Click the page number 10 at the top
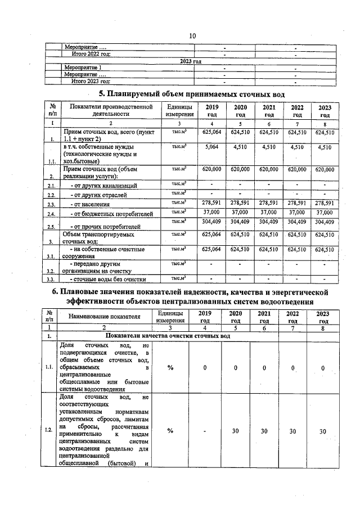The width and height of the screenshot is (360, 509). (x=192, y=35)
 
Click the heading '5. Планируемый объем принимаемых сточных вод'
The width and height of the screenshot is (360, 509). (x=192, y=93)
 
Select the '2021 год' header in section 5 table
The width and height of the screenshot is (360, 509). (x=269, y=111)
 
